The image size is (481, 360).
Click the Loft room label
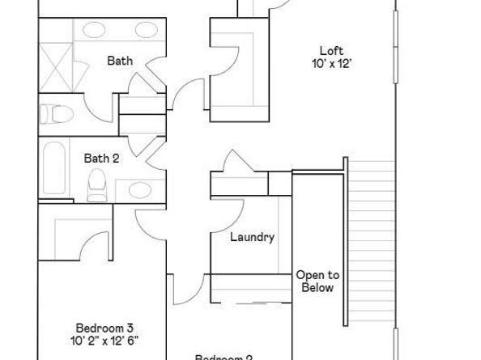pyautogui.click(x=331, y=50)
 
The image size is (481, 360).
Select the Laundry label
pyautogui.click(x=252, y=237)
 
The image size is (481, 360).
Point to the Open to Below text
pyautogui.click(x=317, y=281)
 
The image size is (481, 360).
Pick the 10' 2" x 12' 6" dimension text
pyautogui.click(x=104, y=341)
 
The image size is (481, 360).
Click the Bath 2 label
pyautogui.click(x=102, y=158)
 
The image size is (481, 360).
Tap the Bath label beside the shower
pyautogui.click(x=120, y=60)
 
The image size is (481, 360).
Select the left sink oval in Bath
pyautogui.click(x=94, y=32)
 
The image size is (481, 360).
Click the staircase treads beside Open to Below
pyautogui.click(x=372, y=243)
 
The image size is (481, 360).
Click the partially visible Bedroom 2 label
pyautogui.click(x=224, y=356)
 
